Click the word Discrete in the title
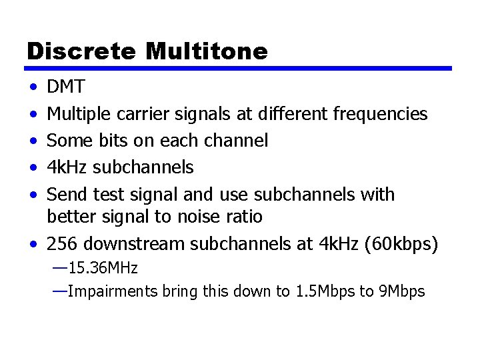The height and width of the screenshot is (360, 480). [x=73, y=51]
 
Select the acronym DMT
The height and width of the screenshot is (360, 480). [x=66, y=87]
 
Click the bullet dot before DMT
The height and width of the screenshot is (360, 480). [x=33, y=88]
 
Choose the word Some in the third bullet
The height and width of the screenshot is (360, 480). [x=67, y=141]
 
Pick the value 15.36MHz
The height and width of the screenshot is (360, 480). [x=103, y=269]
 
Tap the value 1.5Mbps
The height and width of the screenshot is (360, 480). [x=324, y=291]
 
